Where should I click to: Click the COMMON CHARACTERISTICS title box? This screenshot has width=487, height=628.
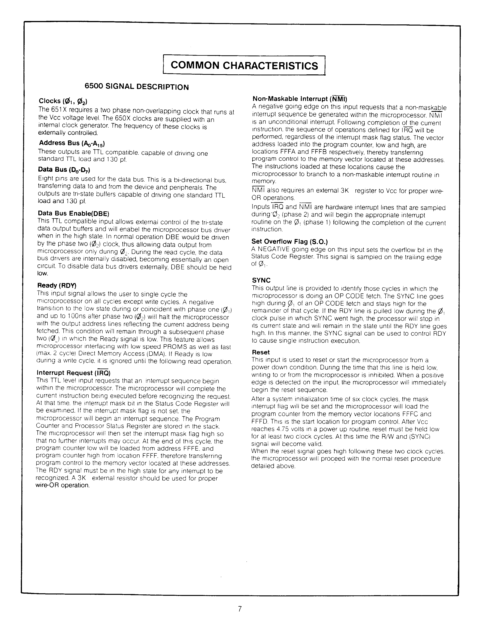coord(244,65)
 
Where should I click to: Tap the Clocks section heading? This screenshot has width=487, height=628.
coord(63,101)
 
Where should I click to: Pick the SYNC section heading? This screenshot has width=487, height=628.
coord(261,280)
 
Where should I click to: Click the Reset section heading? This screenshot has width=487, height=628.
coord(261,352)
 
